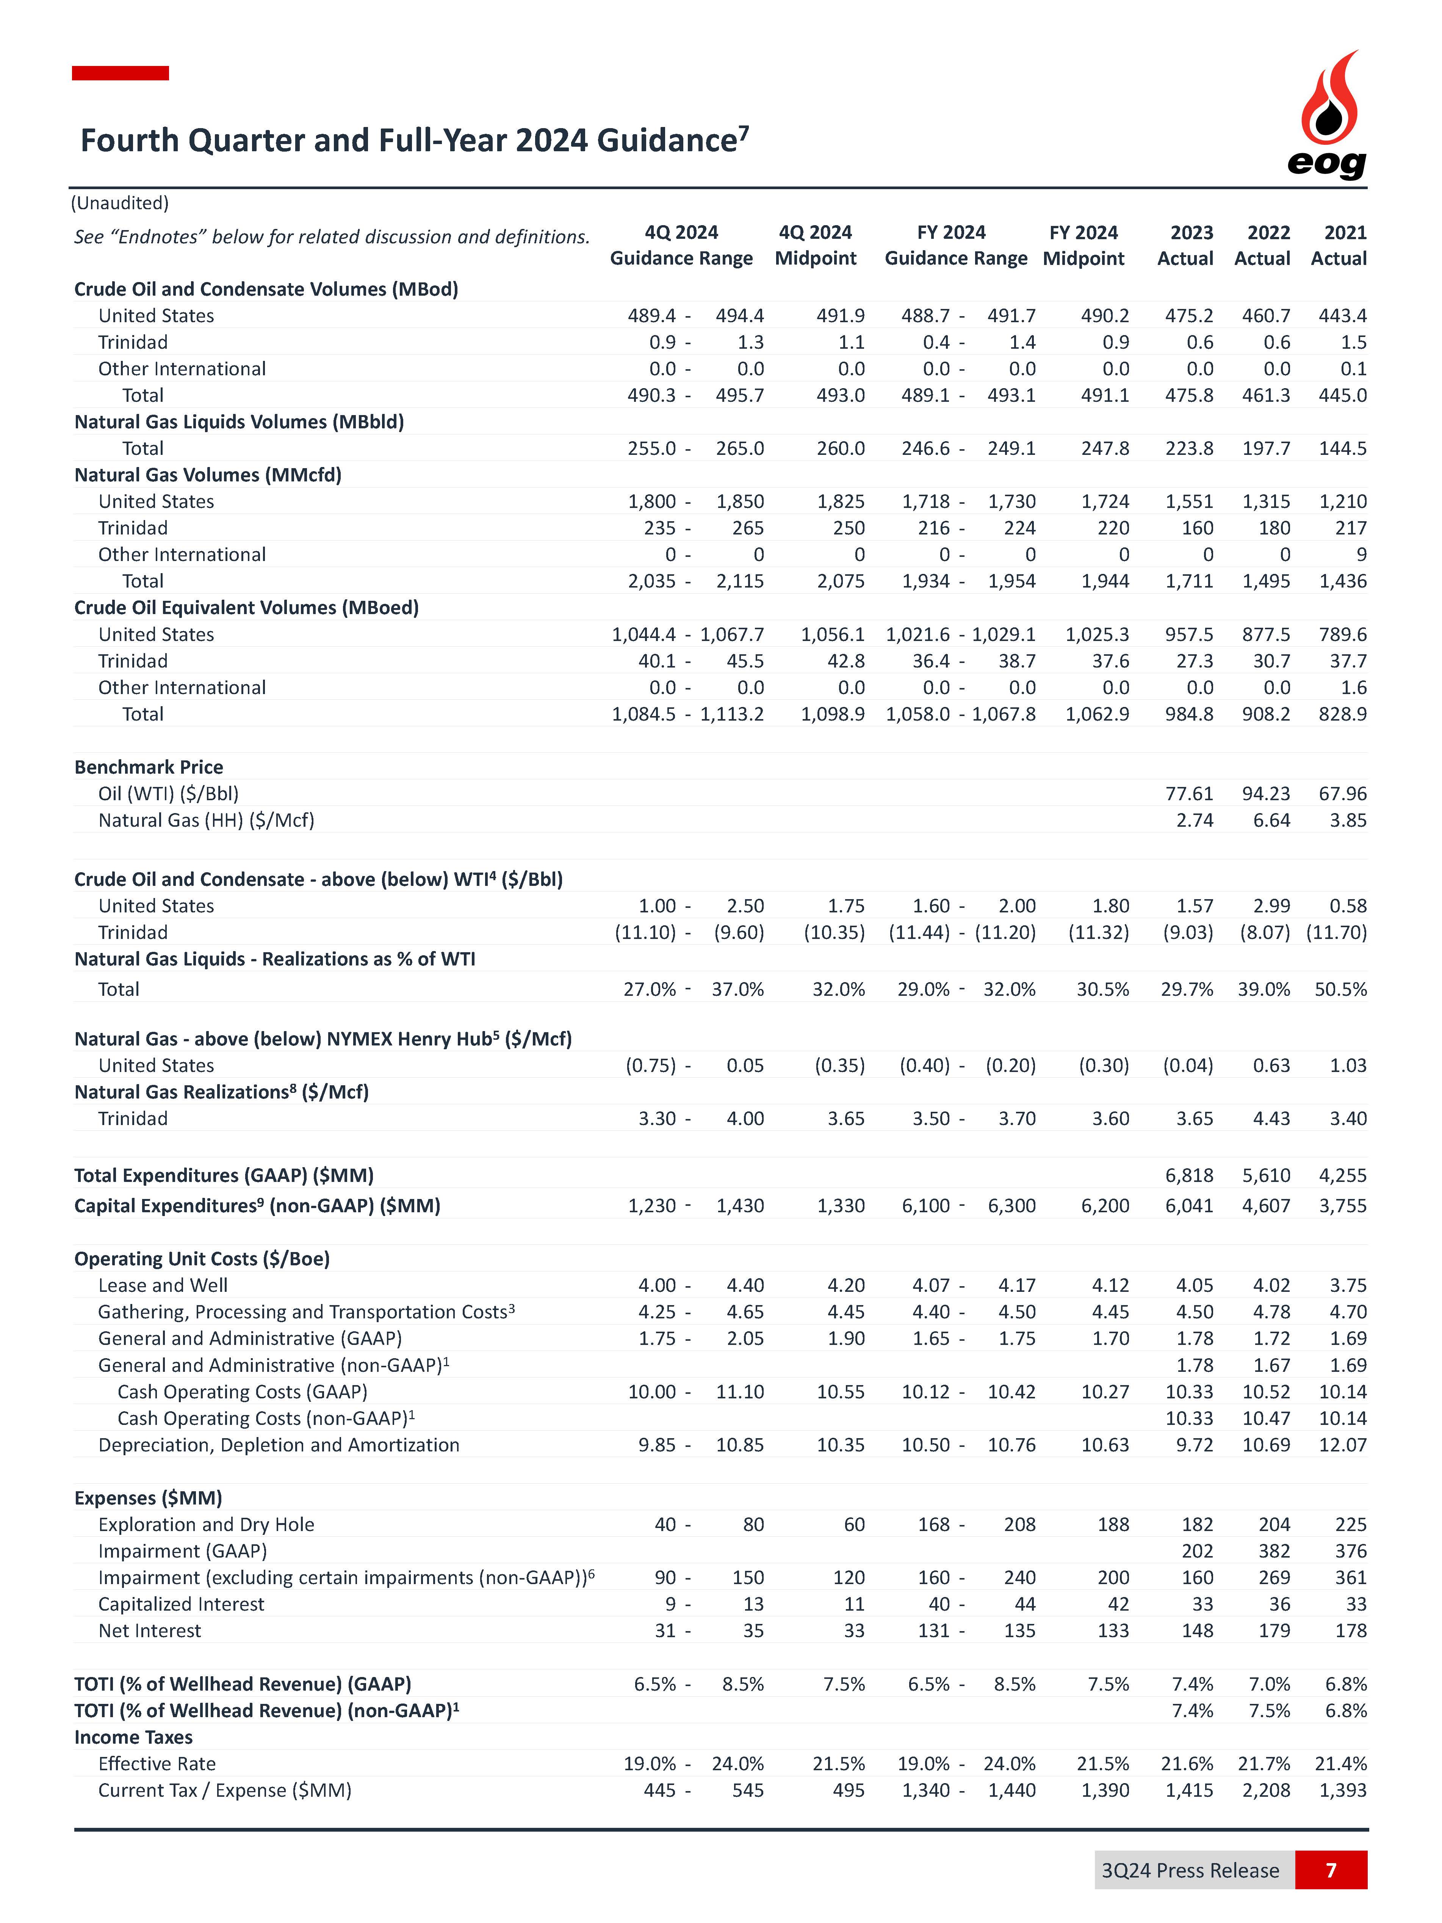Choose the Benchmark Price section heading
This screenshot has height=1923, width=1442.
coord(149,767)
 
